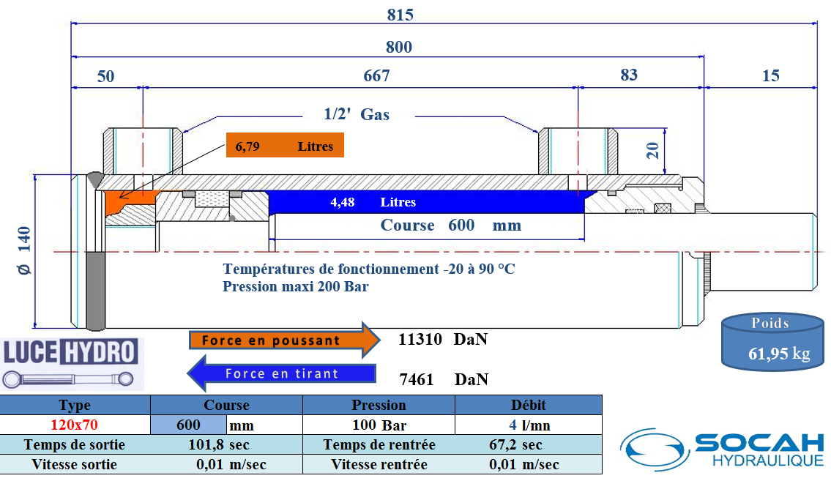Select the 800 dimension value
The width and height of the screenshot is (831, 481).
point(399,48)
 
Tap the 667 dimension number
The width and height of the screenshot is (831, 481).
point(376,75)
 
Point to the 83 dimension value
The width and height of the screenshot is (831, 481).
point(629,75)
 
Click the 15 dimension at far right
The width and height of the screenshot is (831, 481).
point(770,75)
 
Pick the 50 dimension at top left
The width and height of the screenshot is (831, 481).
point(106,76)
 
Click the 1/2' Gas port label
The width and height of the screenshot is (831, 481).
point(357,114)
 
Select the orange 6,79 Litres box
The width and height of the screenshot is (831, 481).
point(284,146)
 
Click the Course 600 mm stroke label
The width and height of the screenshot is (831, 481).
point(450,225)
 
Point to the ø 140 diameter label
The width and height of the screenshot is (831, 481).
point(24,250)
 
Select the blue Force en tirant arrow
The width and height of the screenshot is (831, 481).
point(282,373)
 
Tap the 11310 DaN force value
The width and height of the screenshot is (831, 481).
point(442,340)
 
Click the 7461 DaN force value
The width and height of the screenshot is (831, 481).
point(442,379)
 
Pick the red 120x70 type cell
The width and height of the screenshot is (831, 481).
point(75,425)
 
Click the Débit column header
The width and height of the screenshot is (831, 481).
point(528,405)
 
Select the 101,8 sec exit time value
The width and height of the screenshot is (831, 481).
point(219,444)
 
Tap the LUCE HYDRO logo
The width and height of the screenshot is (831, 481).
point(71,362)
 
